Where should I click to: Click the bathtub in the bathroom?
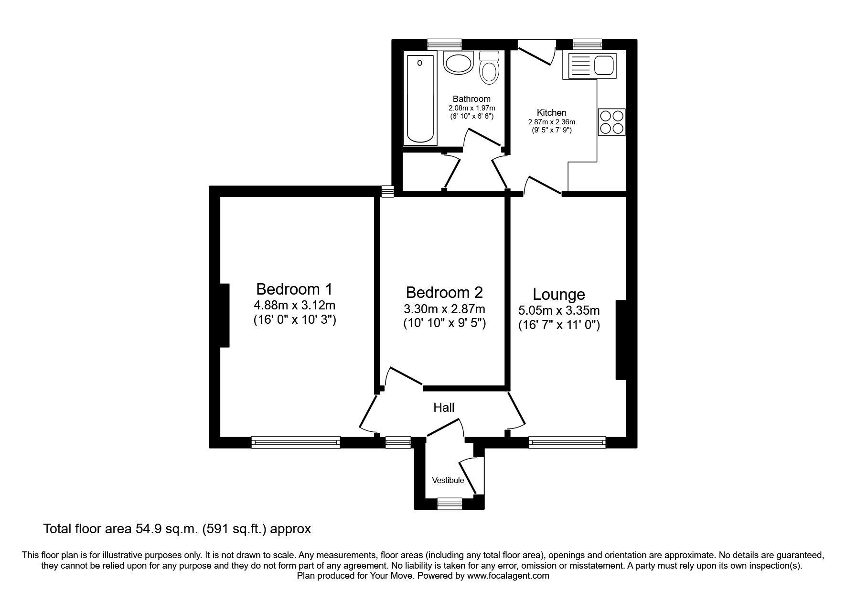tap(420, 99)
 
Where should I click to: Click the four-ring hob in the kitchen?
tap(611, 122)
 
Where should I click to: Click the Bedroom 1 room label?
tap(294, 289)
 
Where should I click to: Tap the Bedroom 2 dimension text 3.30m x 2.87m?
tap(444, 309)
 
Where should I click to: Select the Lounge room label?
tap(558, 294)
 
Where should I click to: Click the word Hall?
tap(444, 407)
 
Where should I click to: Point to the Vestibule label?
tap(448, 480)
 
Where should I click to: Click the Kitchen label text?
tap(551, 113)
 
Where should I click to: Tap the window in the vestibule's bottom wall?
tap(450, 503)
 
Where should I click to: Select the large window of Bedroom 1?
tap(296, 442)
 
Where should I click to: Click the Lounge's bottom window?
tap(567, 442)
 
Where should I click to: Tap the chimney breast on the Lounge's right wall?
tap(621, 340)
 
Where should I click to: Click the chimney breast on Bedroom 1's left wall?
tap(225, 315)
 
